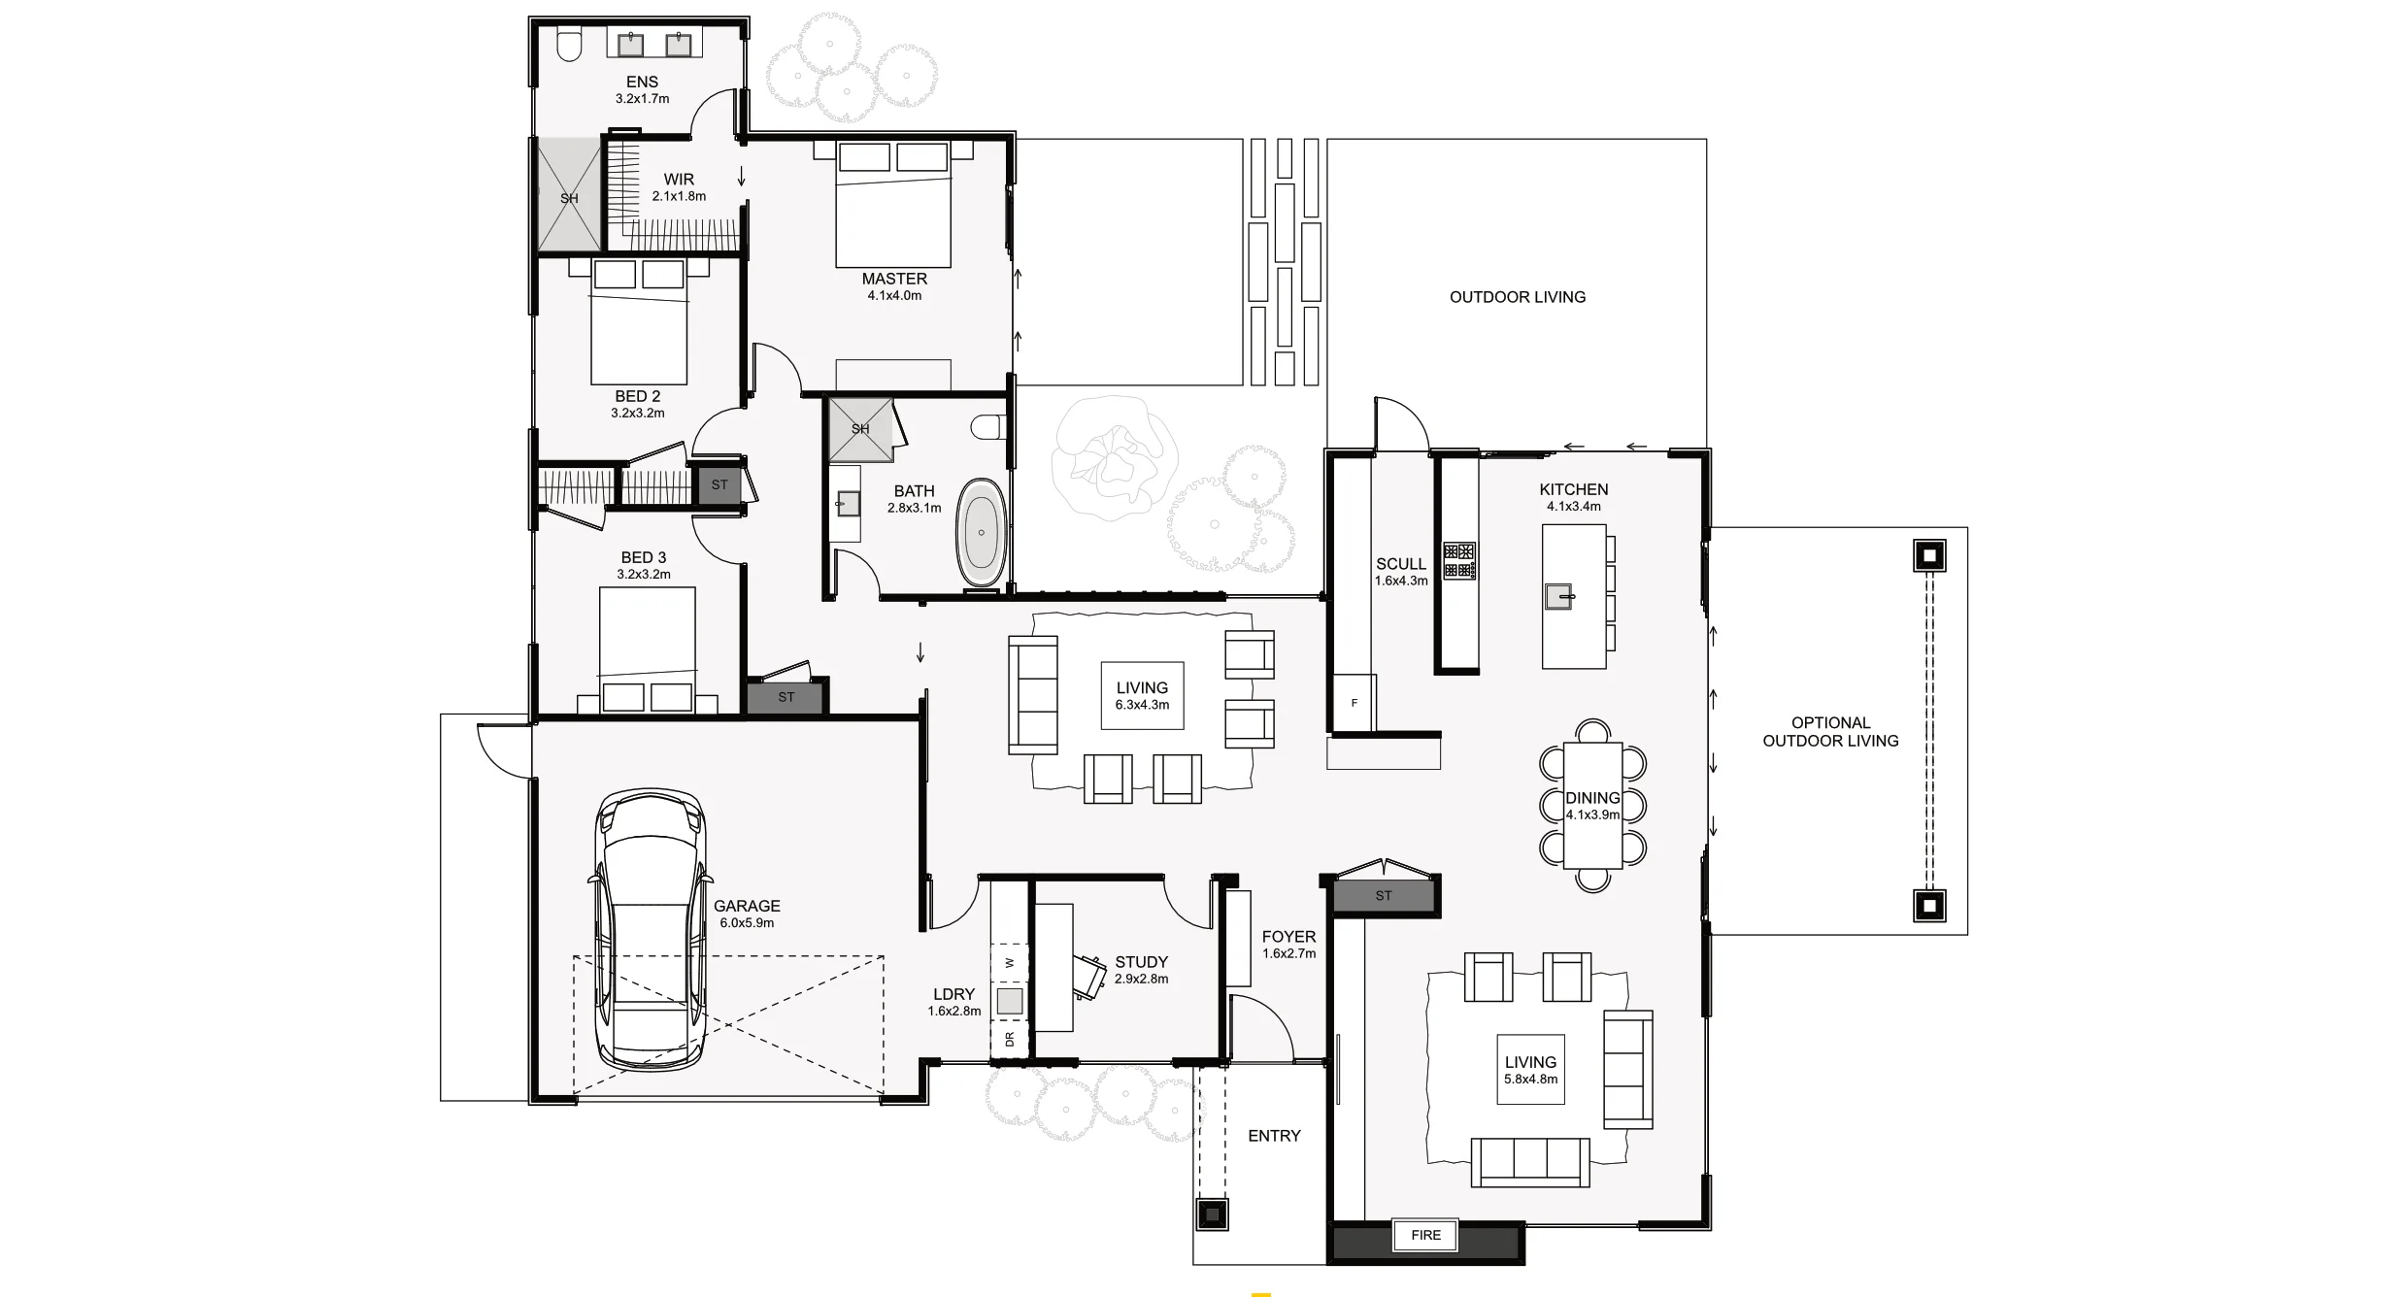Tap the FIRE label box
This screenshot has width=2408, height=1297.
1425,1235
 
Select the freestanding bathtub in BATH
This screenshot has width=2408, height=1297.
982,532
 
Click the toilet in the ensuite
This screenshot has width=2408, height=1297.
569,44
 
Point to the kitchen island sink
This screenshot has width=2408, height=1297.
1558,596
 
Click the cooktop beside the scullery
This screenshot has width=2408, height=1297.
1459,560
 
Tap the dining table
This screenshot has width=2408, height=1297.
1592,806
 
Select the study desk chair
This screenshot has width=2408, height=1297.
1091,976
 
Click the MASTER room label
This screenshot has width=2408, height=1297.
894,279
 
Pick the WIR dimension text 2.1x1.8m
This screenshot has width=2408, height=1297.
679,196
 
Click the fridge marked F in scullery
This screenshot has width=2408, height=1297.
1354,703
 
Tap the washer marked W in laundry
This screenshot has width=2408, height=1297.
1010,963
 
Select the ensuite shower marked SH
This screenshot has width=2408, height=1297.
569,197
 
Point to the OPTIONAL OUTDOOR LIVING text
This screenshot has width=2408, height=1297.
1830,731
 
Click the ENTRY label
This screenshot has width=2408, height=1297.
1273,1135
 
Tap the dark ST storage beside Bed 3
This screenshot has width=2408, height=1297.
786,697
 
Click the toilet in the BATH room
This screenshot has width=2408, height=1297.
988,428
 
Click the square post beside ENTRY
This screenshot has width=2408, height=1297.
1211,1214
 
